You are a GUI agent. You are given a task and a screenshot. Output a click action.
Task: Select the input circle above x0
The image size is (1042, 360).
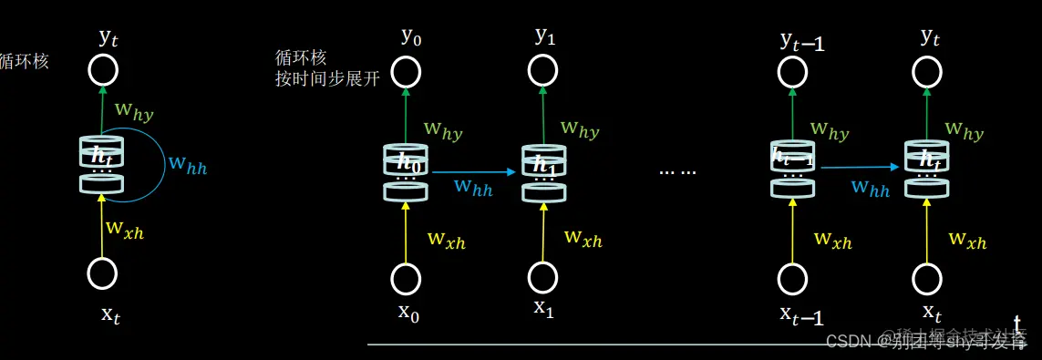click(406, 277)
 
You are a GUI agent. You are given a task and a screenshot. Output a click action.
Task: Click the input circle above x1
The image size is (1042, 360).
click(544, 276)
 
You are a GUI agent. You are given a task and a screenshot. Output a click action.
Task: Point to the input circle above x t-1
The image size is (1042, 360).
click(793, 277)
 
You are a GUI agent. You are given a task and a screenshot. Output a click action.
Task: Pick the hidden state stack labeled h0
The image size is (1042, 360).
click(406, 172)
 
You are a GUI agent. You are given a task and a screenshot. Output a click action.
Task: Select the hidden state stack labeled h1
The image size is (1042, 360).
click(544, 170)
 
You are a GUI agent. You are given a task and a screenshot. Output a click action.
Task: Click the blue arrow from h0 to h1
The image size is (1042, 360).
click(474, 171)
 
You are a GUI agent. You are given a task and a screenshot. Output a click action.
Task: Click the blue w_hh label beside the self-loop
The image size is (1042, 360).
click(187, 165)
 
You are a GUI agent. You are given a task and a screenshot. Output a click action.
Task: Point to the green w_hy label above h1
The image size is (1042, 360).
click(580, 129)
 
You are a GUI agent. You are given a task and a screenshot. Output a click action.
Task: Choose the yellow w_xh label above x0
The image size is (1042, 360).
click(447, 240)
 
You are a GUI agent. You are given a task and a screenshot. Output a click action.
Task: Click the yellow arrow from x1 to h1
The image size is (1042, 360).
click(544, 232)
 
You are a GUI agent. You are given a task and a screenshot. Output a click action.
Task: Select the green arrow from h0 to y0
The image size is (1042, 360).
click(406, 114)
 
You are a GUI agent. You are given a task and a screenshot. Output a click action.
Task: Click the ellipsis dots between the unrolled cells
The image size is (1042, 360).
click(677, 171)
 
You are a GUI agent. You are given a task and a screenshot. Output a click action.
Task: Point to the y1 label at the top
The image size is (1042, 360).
click(544, 36)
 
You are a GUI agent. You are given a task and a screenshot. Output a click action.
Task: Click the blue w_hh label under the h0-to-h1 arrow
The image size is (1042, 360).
click(474, 188)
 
